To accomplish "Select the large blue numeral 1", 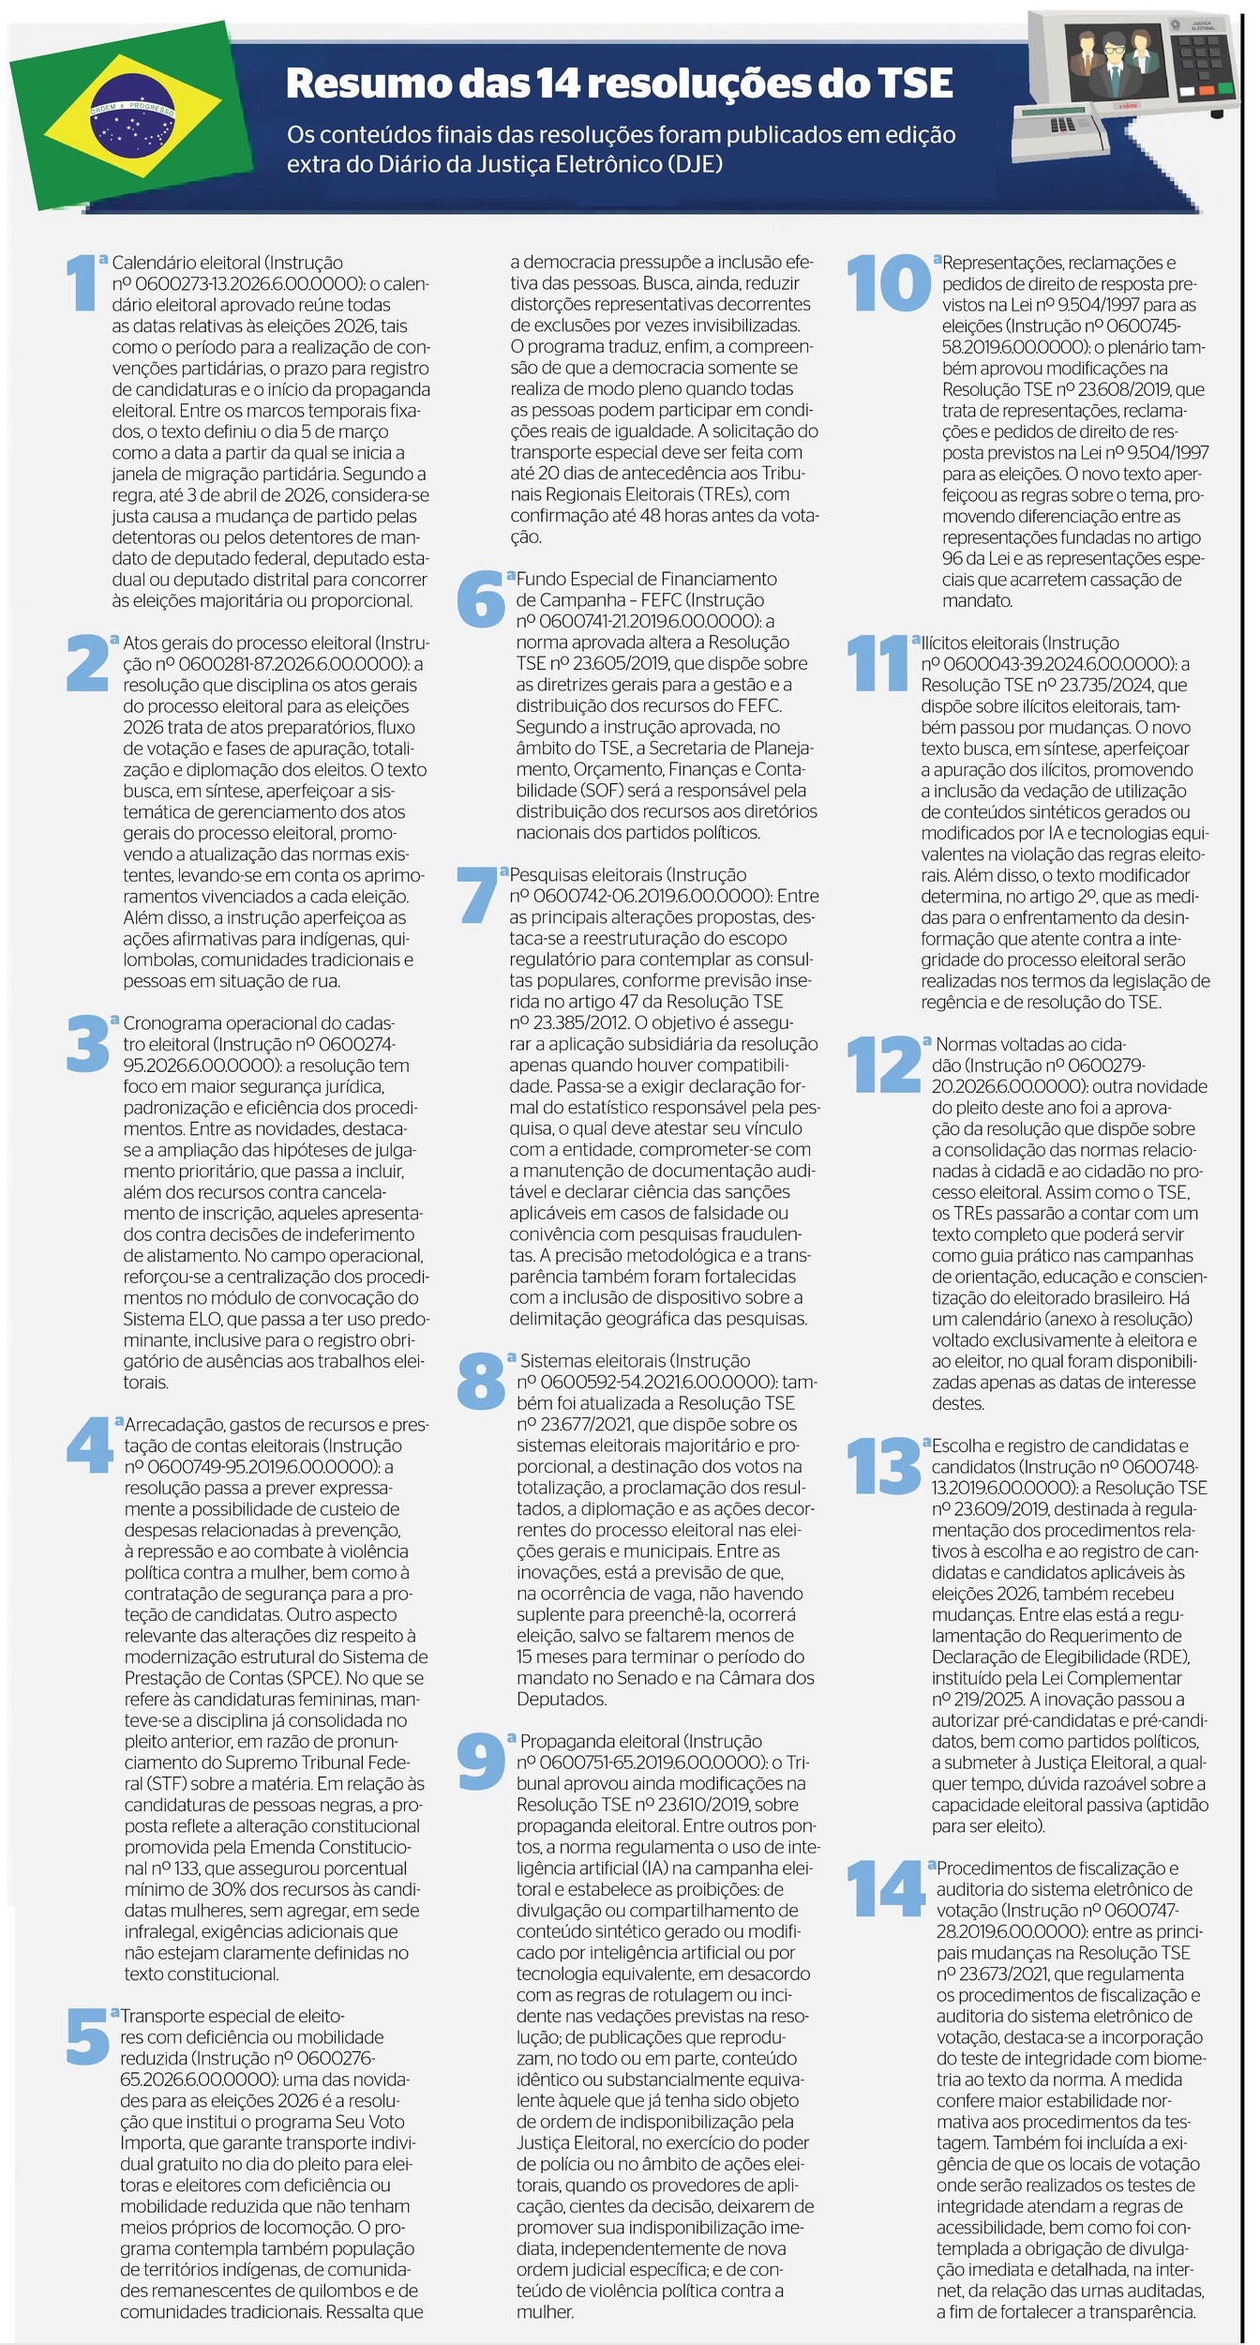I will [82, 283].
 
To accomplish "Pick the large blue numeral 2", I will [87, 663].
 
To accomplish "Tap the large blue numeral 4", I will [90, 1445].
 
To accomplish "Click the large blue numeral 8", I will [481, 1380].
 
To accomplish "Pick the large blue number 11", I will [877, 663].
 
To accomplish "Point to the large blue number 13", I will [883, 1465].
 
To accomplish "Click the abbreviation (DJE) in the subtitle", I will [695, 164].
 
